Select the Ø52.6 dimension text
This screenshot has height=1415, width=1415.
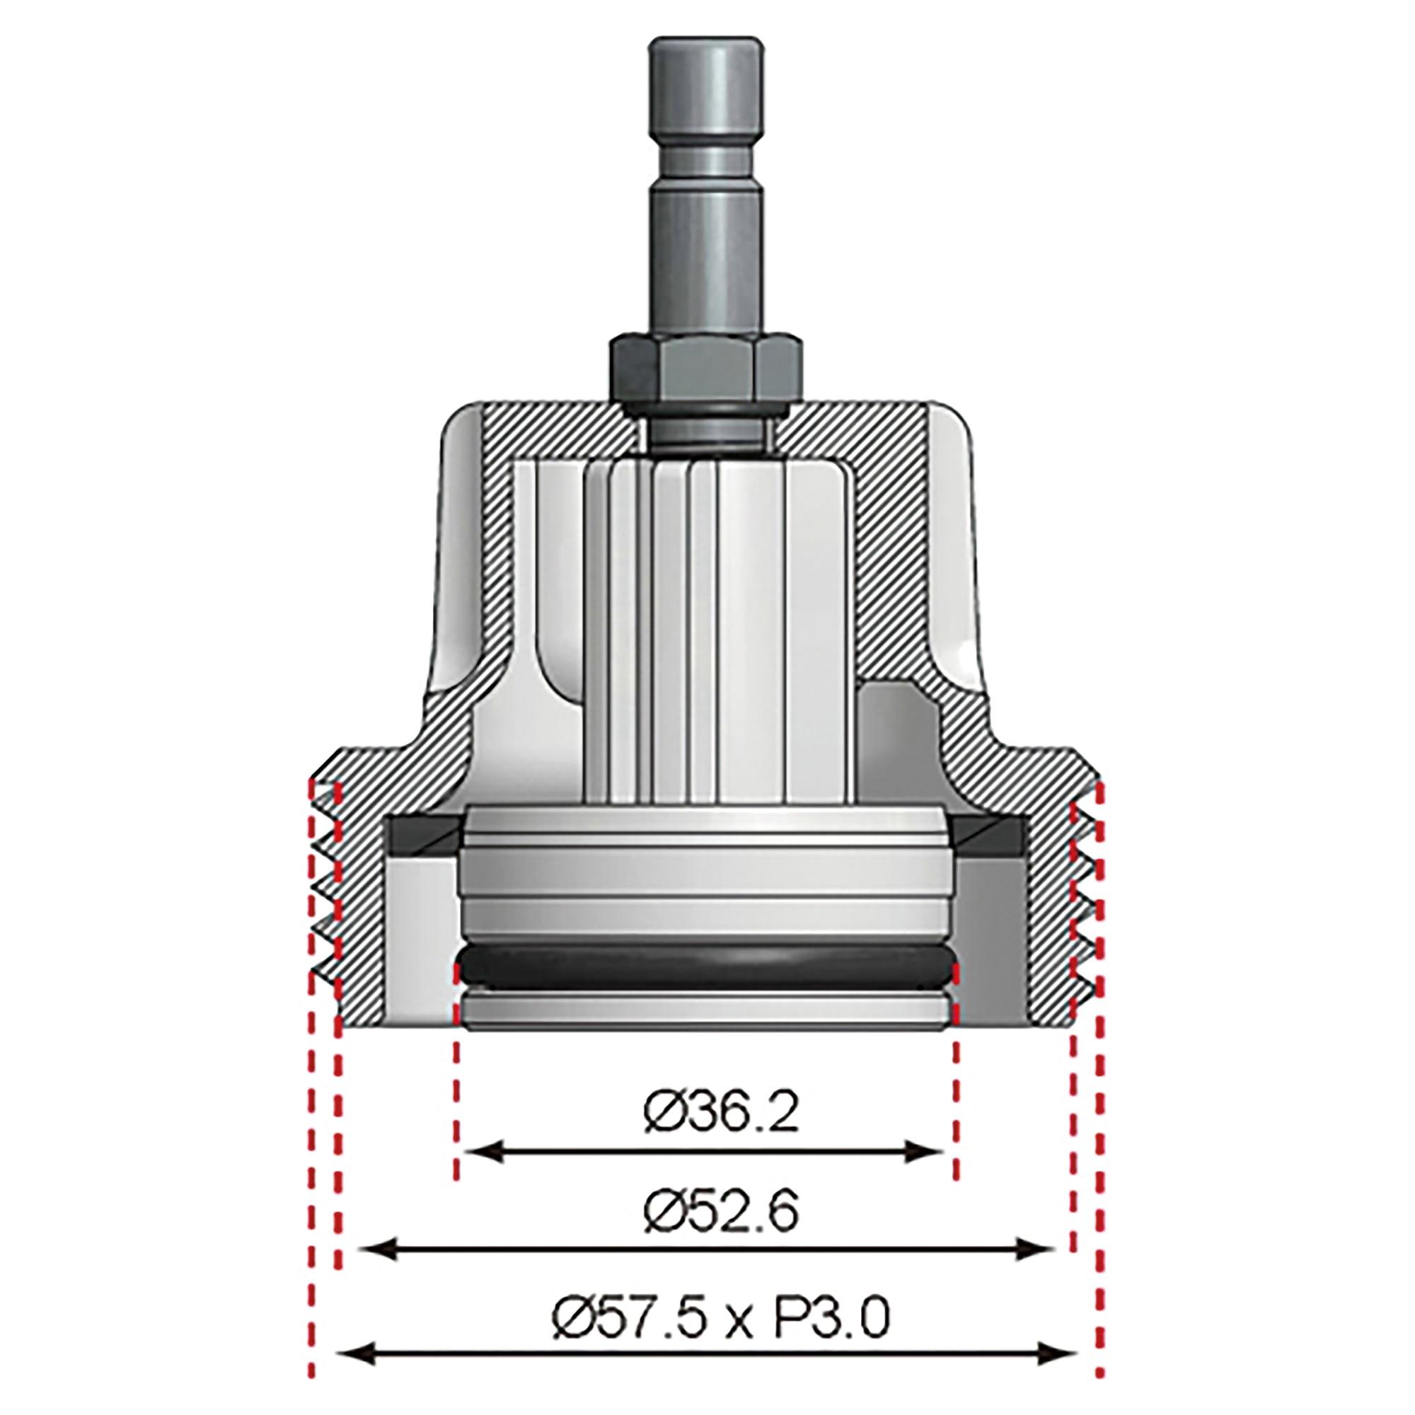pos(721,1215)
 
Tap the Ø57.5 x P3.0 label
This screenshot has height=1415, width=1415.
pos(721,1318)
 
